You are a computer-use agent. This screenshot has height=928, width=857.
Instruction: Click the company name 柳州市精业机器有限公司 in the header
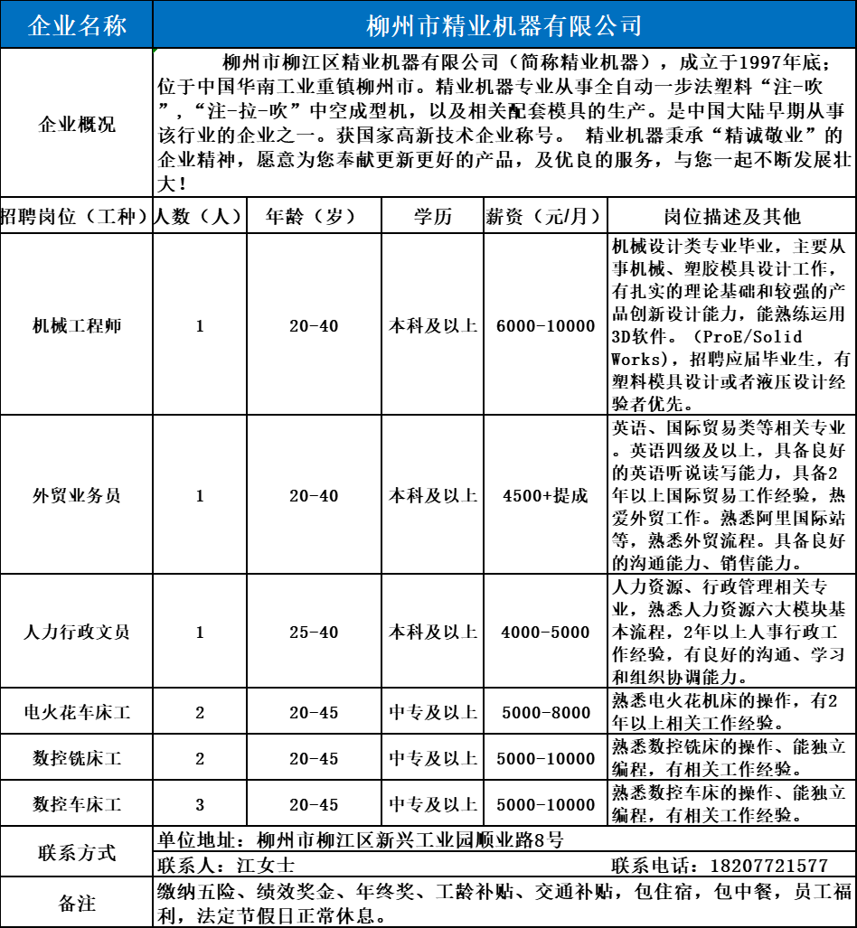504,25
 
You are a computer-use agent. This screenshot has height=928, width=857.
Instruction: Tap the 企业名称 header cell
77,25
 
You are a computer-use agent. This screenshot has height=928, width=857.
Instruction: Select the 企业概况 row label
77,125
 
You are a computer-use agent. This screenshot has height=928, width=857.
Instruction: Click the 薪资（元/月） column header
545,217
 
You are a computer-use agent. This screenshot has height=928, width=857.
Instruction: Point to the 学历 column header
433,217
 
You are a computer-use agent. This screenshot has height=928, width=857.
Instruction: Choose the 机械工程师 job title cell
77,325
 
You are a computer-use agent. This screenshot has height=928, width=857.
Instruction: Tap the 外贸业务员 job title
77,495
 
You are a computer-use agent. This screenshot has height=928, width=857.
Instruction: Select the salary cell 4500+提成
545,496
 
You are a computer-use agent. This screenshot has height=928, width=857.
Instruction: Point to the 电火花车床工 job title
77,713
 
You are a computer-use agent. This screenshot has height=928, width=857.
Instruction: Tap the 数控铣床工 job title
77,758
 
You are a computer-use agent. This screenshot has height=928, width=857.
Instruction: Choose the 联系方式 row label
77,852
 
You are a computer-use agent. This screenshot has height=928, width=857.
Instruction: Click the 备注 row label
77,903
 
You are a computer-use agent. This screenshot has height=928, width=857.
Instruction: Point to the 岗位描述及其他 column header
732,217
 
